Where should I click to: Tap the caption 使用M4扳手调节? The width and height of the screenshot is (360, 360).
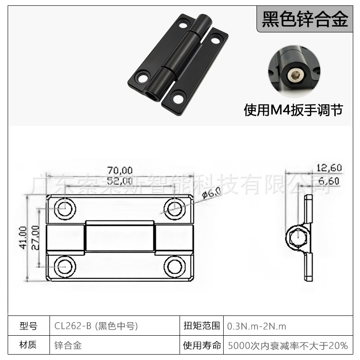pos(293,110)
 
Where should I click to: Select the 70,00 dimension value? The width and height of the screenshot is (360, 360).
pos(120,170)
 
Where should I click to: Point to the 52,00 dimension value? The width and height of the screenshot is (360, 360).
pos(120,181)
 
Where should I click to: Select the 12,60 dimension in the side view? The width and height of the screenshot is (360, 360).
pos(329,168)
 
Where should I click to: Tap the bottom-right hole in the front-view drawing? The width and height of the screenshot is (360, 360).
pos(174,266)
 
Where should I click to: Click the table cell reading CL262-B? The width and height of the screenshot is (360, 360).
pos(96,326)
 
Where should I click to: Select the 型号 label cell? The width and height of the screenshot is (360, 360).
pos(29,326)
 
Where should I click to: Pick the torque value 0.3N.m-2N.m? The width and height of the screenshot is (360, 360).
pos(257,326)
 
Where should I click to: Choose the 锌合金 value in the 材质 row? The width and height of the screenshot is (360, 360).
pos(67,346)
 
